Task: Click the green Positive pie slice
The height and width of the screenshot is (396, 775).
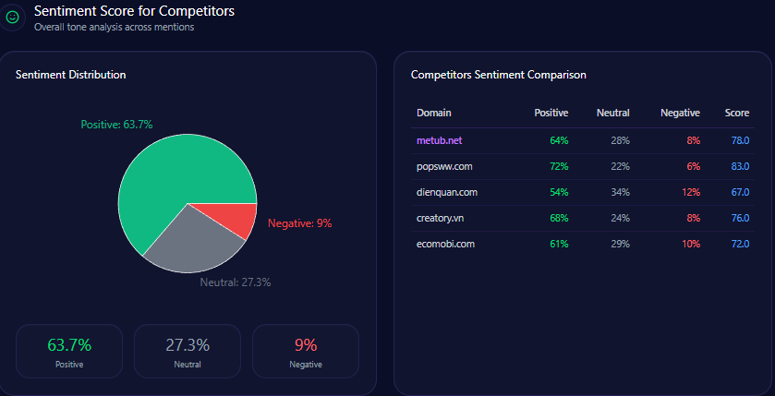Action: click(166, 175)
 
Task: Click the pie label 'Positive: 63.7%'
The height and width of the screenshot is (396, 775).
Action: click(116, 125)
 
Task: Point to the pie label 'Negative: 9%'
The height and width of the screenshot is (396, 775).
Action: click(299, 223)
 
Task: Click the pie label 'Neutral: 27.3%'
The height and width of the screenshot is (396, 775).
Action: click(236, 282)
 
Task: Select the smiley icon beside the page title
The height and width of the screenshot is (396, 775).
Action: click(13, 17)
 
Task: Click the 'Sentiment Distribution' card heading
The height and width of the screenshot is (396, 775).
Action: click(71, 75)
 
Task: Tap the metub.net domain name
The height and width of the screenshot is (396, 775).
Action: click(439, 140)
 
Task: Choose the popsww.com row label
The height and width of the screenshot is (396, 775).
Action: click(444, 166)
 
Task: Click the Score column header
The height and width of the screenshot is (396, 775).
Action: click(737, 113)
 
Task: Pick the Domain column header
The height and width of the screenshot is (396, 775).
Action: click(434, 113)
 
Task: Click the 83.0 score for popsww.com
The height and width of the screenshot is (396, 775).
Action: click(739, 166)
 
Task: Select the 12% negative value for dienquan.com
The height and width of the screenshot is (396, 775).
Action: click(691, 192)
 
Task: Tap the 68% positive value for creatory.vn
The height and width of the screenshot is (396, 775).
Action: click(558, 218)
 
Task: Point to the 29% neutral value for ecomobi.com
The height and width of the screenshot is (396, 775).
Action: click(619, 244)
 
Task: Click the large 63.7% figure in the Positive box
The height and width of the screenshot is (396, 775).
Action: click(69, 345)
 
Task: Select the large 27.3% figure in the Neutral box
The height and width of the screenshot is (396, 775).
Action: click(188, 345)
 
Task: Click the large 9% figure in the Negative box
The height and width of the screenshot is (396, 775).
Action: click(306, 345)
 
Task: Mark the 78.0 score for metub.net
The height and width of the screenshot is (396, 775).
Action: click(739, 140)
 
